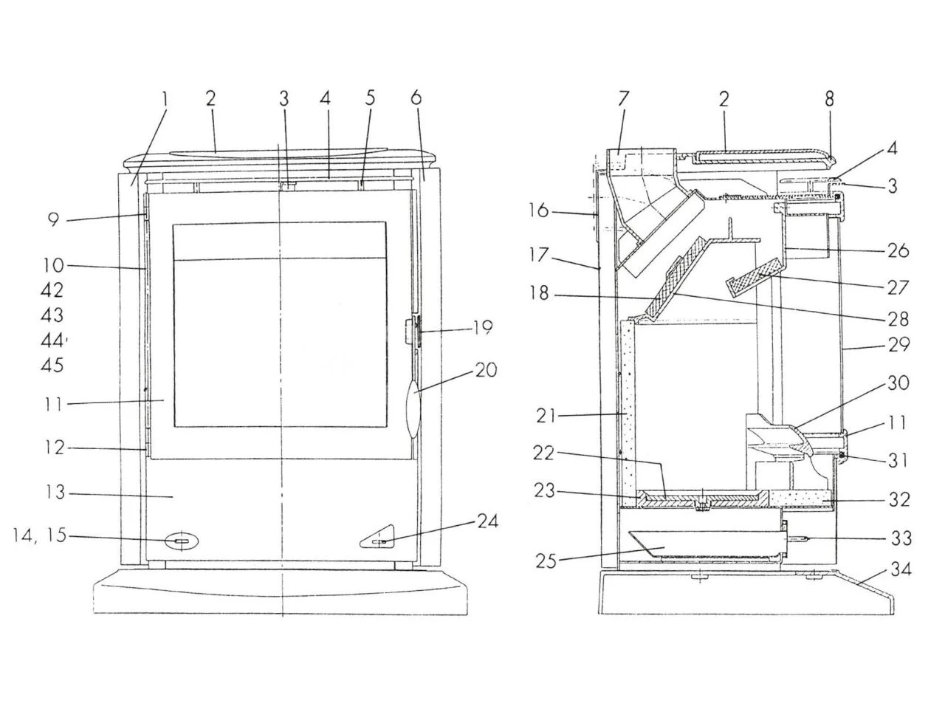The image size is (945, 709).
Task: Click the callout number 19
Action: [x=483, y=327]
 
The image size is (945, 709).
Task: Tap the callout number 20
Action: [x=486, y=370]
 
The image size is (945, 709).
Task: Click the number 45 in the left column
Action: [x=52, y=365]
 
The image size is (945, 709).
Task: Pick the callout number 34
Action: [x=901, y=569]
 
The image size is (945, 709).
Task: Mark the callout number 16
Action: [x=539, y=210]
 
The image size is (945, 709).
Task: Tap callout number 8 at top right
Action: [x=829, y=98]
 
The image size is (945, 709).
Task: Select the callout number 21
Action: [x=547, y=416]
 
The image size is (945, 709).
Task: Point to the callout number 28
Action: [x=898, y=320]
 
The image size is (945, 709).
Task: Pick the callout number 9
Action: [x=53, y=219]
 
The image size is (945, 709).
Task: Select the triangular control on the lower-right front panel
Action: [x=379, y=541]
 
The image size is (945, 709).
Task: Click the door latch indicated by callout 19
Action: [x=412, y=331]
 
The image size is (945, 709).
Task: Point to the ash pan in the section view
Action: [x=701, y=545]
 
